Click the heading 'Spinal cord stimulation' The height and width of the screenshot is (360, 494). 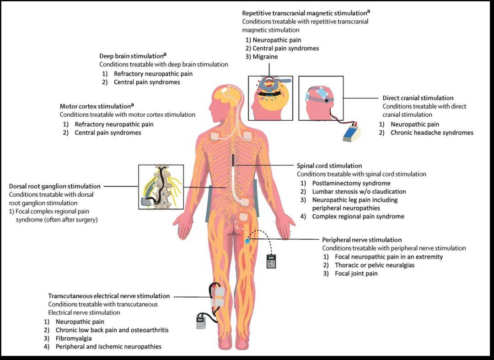pyautogui.click(x=329, y=166)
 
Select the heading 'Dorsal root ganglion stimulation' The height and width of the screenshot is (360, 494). pyautogui.click(x=55, y=186)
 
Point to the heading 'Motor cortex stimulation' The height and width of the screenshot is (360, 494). pyautogui.click(x=95, y=106)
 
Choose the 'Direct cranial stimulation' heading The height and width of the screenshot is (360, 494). pyautogui.click(x=418, y=98)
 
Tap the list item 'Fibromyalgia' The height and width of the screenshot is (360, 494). pyautogui.click(x=74, y=339)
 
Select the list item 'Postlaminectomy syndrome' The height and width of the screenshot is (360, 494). pyautogui.click(x=351, y=183)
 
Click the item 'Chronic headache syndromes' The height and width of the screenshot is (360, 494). pyautogui.click(x=432, y=133)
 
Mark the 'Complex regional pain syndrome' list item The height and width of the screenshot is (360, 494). pyautogui.click(x=358, y=216)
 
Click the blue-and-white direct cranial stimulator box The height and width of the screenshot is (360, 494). pyautogui.click(x=351, y=132)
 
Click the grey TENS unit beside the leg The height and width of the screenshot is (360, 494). pyautogui.click(x=201, y=322)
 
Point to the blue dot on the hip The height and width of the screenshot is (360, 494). pyautogui.click(x=247, y=241)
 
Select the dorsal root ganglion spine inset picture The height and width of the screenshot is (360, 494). pyautogui.click(x=161, y=187)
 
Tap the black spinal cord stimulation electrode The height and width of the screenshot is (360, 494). pyautogui.click(x=233, y=161)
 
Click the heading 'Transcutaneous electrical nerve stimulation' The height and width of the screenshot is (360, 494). pyautogui.click(x=109, y=296)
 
